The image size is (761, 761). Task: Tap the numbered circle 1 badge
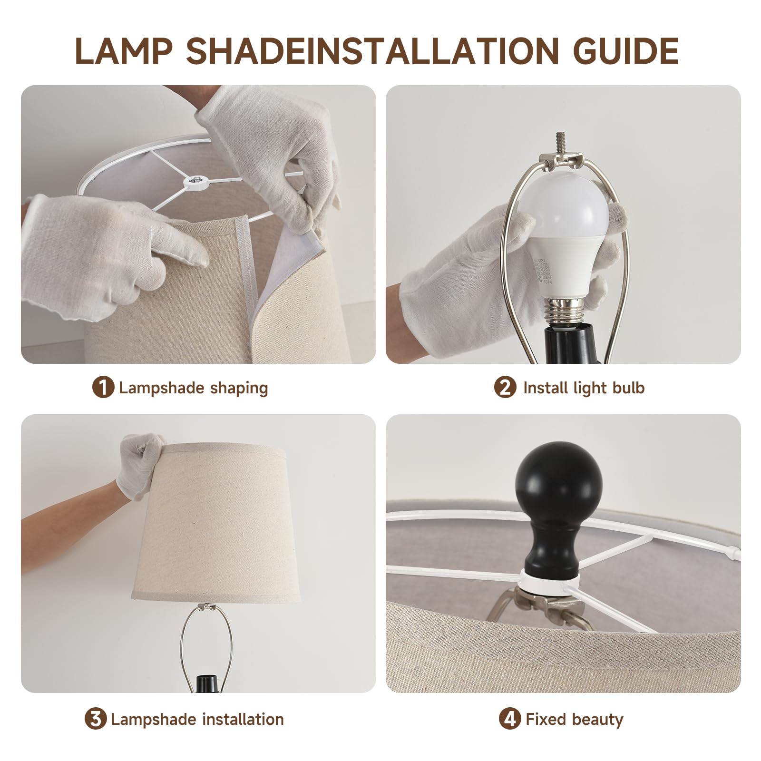pyautogui.click(x=103, y=388)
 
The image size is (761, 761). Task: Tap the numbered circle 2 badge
pyautogui.click(x=505, y=388)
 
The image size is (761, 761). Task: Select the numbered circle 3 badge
pyautogui.click(x=96, y=719)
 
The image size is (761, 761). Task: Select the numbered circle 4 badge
pyautogui.click(x=510, y=719)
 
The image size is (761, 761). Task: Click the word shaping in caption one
pyautogui.click(x=239, y=388)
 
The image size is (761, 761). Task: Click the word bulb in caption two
pyautogui.click(x=628, y=388)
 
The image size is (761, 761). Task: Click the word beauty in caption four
pyautogui.click(x=599, y=719)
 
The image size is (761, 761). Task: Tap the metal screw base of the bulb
pyautogui.click(x=564, y=312)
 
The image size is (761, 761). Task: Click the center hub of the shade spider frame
pyautogui.click(x=195, y=180)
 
